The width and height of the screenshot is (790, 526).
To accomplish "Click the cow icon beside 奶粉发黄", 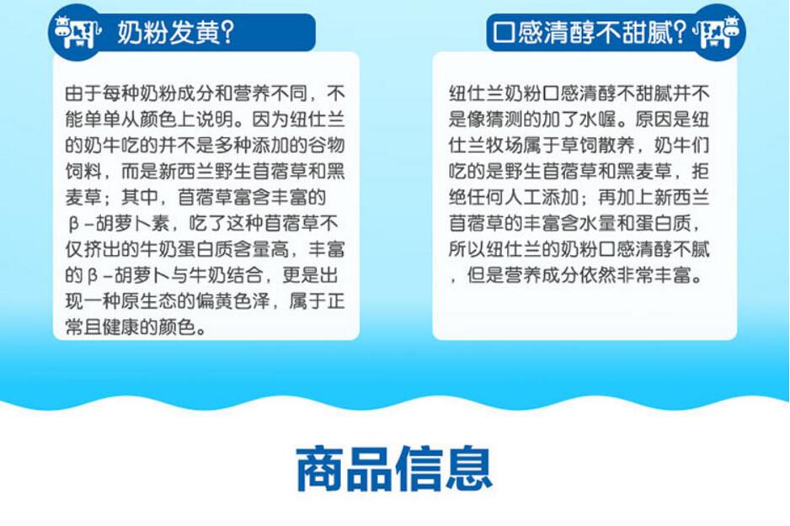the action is pos(77,32).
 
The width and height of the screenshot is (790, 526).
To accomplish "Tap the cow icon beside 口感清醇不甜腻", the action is pos(717,32).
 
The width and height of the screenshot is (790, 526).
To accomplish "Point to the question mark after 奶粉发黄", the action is pos(227,33).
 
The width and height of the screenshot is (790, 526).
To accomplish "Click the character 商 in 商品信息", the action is pos(319,468).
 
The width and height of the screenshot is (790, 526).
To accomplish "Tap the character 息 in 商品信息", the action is pos(468,468).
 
